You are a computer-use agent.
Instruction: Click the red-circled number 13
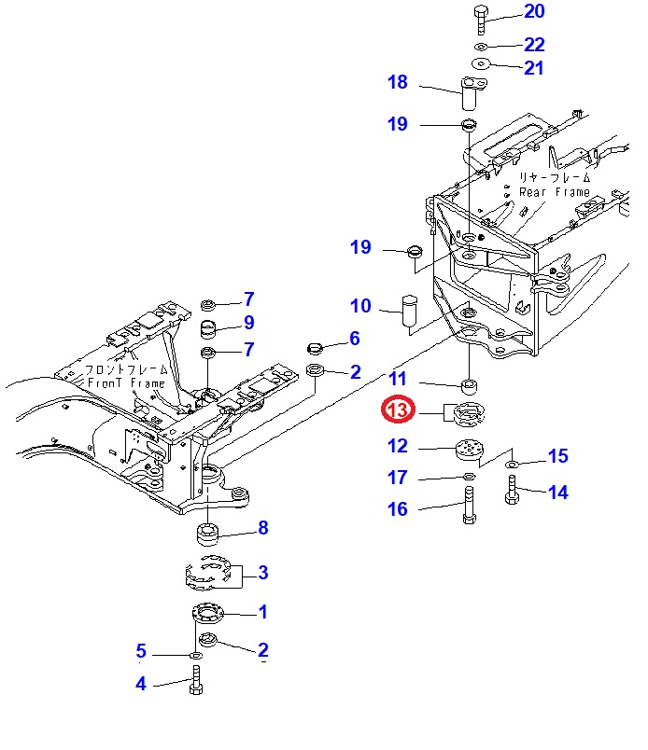397,410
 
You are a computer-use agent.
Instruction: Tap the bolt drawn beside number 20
480,17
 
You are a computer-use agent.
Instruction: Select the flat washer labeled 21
481,63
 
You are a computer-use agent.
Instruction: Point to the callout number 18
398,83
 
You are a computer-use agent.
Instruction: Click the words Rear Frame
555,192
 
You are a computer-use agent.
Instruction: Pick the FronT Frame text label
126,383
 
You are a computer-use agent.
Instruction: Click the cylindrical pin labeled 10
408,312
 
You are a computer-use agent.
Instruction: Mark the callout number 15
557,456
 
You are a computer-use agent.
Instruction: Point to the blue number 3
263,572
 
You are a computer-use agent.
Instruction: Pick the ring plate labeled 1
207,612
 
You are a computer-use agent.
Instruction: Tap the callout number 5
141,650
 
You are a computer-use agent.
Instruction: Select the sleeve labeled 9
210,328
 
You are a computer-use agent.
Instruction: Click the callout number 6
355,339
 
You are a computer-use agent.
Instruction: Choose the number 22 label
534,44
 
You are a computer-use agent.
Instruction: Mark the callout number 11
398,379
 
